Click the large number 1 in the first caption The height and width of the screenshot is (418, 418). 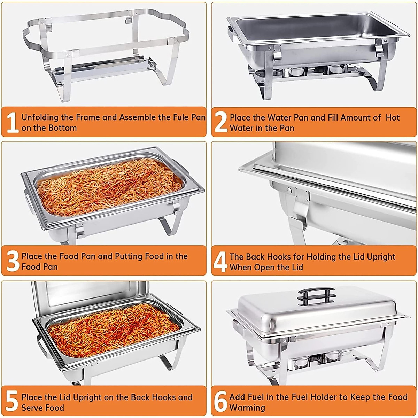[13, 122]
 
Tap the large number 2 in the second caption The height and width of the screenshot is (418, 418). [221, 122]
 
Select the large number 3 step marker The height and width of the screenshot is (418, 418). [13, 261]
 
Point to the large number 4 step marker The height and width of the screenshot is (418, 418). [220, 262]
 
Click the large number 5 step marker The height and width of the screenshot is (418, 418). [12, 401]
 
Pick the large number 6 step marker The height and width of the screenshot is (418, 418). [220, 401]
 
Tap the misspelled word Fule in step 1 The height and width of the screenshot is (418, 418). [181, 117]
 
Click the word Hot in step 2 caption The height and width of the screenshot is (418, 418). [393, 118]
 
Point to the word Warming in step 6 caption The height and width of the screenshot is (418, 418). [247, 408]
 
